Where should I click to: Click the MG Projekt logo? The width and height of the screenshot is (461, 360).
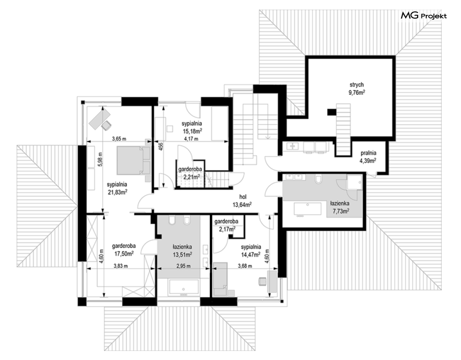coord(424,16)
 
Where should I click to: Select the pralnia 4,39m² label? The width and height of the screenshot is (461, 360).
coord(368,157)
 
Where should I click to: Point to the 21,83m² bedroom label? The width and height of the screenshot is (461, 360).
coord(117,188)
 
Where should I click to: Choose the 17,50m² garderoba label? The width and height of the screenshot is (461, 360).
coord(124,250)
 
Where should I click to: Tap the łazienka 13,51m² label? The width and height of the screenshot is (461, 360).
coord(182,250)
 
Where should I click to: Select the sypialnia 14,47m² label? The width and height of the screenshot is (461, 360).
coord(251,251)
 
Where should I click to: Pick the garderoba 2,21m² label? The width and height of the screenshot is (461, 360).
coord(190,173)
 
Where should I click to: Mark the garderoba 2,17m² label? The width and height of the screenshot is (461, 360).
coord(226,225)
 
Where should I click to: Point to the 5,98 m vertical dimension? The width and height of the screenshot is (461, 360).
coord(100,160)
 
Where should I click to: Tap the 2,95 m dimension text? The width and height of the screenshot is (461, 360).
coord(183,266)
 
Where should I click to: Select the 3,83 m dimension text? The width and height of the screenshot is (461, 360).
coord(121,266)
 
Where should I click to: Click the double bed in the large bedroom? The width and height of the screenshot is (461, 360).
coord(134,160)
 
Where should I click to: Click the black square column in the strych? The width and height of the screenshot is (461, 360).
coord(331,112)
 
